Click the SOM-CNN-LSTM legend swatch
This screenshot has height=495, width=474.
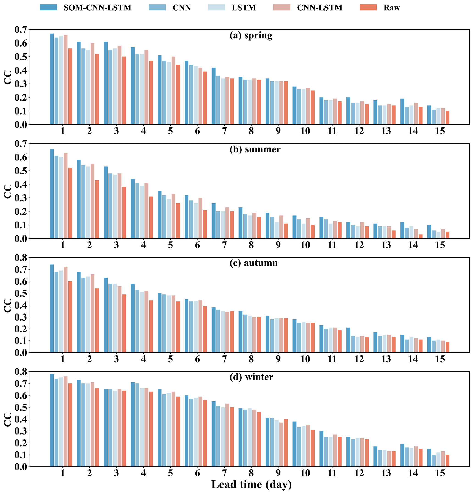click(48, 8)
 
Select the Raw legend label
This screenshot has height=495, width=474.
click(391, 8)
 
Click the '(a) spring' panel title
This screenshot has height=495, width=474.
click(251, 35)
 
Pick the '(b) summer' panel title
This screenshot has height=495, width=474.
click(255, 149)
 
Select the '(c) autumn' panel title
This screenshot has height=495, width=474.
click(254, 263)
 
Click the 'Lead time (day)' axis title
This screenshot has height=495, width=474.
click(251, 484)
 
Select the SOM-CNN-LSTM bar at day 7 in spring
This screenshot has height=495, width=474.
click(213, 96)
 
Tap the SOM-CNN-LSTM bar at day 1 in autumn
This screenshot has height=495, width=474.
click(52, 308)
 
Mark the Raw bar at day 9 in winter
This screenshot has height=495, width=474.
click(286, 443)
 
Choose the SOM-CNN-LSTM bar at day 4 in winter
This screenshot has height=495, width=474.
click(133, 424)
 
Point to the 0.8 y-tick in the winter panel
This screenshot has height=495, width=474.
click(20, 372)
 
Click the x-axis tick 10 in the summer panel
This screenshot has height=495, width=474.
click(305, 245)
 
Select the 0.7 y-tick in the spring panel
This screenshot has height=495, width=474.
click(20, 30)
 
